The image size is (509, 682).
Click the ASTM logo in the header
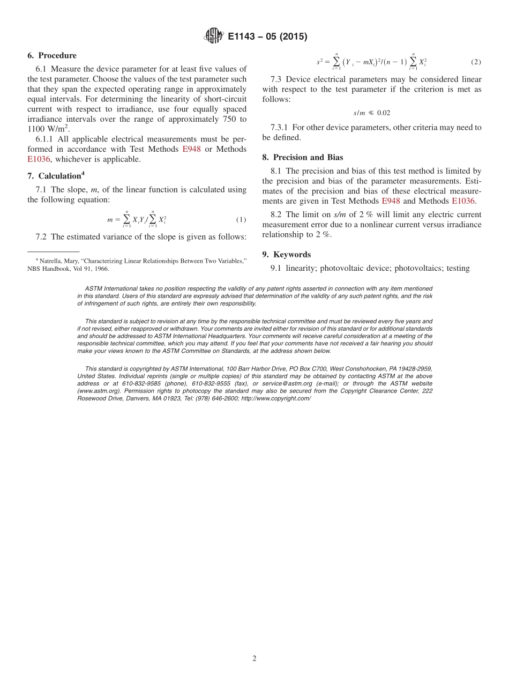[x=213, y=36]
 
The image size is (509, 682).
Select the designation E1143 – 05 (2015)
[x=267, y=37]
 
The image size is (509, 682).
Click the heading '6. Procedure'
[x=52, y=56]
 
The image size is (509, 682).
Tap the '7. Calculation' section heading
[x=56, y=176]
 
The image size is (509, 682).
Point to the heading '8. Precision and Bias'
[x=303, y=158]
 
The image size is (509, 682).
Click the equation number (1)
[x=241, y=220]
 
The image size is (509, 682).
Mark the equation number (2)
[x=475, y=62]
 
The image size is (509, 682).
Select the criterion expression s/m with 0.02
[x=371, y=113]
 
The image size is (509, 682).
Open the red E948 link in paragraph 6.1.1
[x=191, y=149]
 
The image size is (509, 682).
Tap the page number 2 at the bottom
[x=254, y=658]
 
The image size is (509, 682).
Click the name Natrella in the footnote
[x=51, y=261]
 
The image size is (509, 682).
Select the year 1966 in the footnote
[x=101, y=269]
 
